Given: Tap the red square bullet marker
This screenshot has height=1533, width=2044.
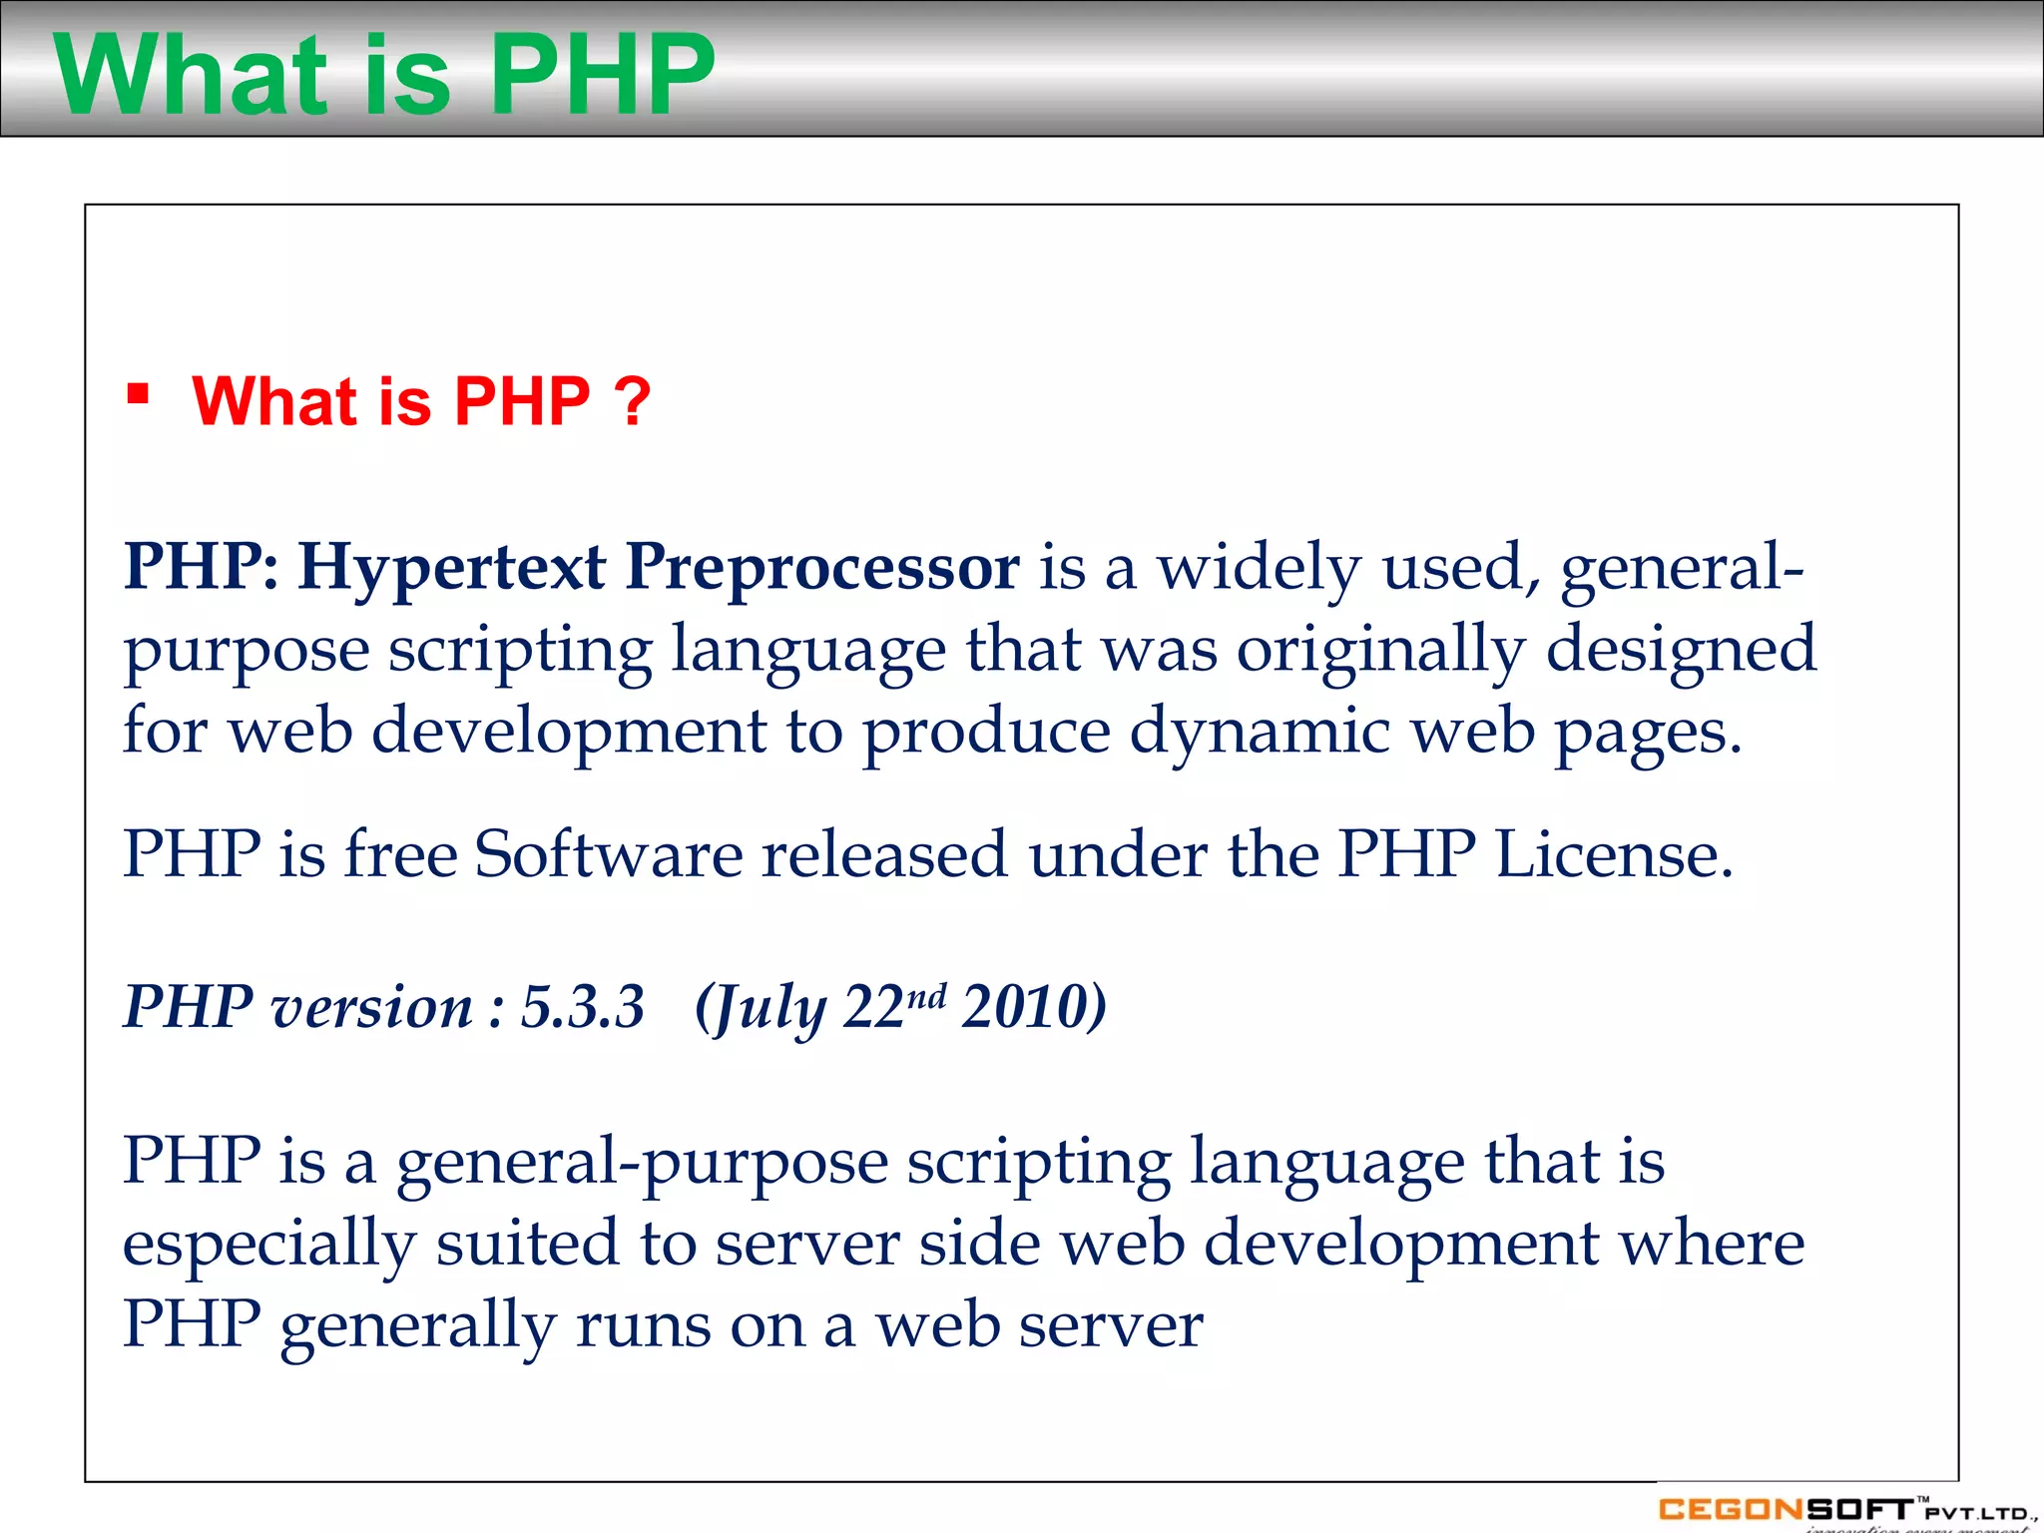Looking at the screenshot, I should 138,393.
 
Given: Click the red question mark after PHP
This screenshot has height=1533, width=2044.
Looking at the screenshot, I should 633,401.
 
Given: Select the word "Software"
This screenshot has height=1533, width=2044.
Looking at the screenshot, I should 608,854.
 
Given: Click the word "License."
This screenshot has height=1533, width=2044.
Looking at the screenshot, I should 1614,854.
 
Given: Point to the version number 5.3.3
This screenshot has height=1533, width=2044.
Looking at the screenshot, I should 583,1006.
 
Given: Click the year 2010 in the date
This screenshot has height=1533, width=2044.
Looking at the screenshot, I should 1033,1006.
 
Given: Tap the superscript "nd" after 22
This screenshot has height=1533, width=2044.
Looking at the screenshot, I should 927,995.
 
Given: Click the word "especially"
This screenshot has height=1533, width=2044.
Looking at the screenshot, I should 268,1246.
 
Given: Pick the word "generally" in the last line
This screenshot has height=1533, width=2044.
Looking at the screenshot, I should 417,1327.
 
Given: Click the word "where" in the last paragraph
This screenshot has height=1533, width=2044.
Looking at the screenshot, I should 1711,1244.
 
